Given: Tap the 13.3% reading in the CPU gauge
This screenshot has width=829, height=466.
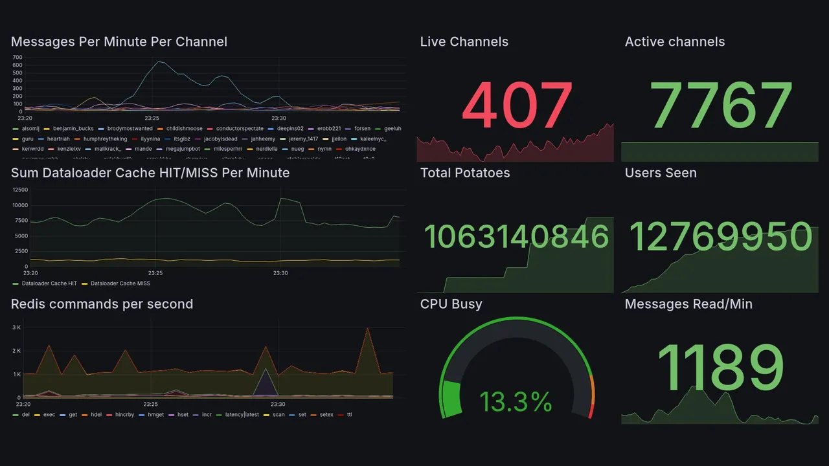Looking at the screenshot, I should pos(516,402).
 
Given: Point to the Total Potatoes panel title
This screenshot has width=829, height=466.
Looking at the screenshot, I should pos(465,173).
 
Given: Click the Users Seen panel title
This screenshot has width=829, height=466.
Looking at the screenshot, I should pos(661,173).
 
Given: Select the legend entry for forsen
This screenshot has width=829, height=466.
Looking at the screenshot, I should pos(362,129).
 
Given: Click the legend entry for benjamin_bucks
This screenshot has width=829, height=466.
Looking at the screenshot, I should pos(73,129).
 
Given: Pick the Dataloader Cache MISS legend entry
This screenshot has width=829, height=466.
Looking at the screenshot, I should pos(120,283).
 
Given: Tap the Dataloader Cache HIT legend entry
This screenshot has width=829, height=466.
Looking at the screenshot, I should pos(49,283).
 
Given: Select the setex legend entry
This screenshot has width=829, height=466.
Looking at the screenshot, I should pos(326,415).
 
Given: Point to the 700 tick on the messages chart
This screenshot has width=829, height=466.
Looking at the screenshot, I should pos(17,57).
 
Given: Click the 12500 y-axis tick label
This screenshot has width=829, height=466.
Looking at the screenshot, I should pos(20,190).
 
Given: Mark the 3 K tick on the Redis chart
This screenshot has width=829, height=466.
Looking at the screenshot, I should pos(17,327).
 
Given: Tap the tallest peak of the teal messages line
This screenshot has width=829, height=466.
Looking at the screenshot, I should pos(159,61).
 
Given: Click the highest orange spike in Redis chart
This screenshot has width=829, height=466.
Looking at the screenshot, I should pos(368,328).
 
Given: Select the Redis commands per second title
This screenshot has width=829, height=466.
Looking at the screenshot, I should pos(102,304).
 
